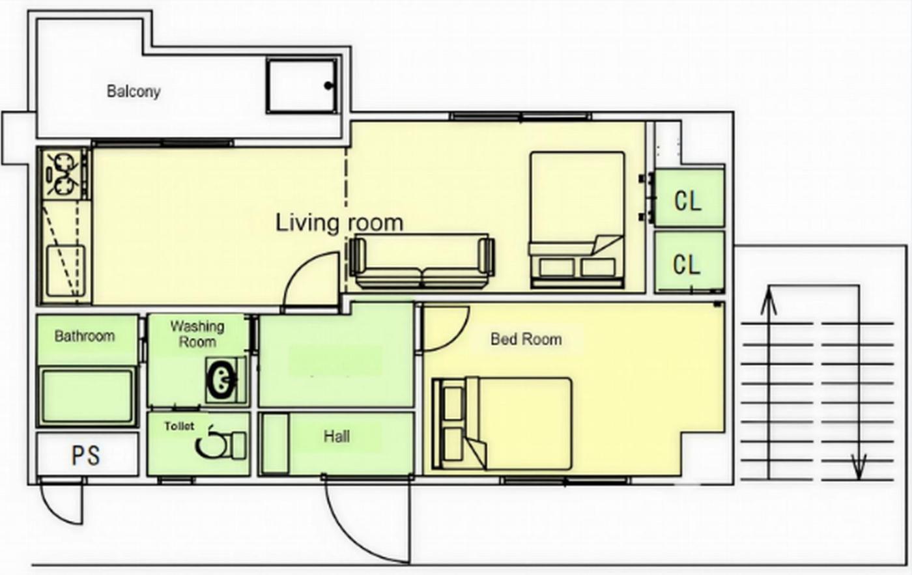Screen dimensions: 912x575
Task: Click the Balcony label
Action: pos(134,92)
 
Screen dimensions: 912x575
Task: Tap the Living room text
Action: pos(339,223)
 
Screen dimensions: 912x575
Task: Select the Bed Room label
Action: pos(526,339)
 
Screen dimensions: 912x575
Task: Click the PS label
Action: pos(85,455)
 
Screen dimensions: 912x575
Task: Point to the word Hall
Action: pos(337,437)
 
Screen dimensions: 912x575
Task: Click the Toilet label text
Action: pos(179,426)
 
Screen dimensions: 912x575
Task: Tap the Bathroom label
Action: pos(85,336)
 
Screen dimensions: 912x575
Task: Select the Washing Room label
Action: pos(197,334)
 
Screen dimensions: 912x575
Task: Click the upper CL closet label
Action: pos(688,201)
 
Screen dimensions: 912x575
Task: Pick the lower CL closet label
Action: pos(687,264)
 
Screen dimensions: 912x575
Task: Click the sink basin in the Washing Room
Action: pos(222,381)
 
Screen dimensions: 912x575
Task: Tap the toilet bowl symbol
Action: pos(220,445)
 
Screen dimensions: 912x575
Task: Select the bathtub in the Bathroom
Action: pos(87,396)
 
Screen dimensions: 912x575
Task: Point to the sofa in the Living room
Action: pos(422,261)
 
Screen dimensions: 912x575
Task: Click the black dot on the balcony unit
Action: pos(328,85)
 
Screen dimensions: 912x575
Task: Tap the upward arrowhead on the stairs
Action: pos(769,300)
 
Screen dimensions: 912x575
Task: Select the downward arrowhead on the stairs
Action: pos(859,467)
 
